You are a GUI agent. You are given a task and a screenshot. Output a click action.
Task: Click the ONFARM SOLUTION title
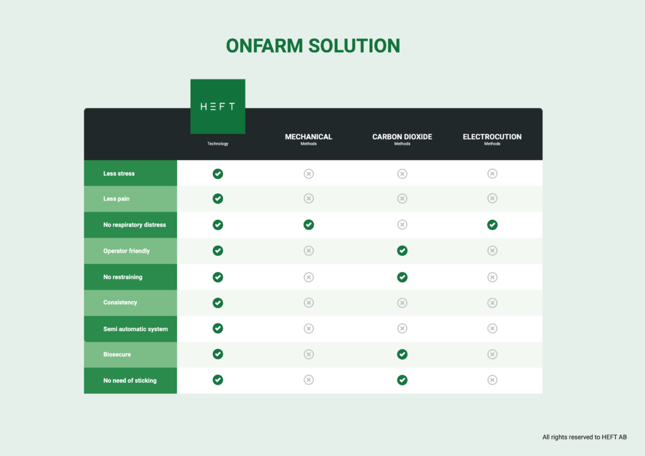point(312,45)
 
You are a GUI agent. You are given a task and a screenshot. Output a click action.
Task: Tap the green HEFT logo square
point(217,106)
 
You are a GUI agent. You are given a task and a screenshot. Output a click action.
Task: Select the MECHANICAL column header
point(309,137)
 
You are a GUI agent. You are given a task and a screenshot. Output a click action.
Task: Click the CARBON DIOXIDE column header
point(402,137)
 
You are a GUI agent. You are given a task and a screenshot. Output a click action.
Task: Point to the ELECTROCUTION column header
point(492,137)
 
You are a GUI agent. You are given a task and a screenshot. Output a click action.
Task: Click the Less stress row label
point(119,173)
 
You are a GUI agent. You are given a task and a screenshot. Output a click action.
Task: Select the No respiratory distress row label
point(135,225)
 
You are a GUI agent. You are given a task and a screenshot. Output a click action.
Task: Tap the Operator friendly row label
point(126,251)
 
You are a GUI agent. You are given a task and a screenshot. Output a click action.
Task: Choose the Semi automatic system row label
point(135,329)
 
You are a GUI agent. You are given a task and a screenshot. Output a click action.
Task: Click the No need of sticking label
point(130,381)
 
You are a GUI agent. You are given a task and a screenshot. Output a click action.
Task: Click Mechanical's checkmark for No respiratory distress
point(309,225)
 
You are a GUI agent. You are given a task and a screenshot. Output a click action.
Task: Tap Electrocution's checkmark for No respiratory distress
point(492,225)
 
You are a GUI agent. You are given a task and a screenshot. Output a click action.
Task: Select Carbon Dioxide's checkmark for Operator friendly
point(402,251)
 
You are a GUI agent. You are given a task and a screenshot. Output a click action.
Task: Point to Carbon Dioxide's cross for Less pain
point(402,198)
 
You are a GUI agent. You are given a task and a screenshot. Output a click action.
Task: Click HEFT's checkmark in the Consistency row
point(217,303)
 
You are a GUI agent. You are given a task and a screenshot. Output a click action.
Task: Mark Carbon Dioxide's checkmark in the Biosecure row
point(402,355)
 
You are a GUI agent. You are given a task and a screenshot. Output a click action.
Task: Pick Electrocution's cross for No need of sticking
point(492,380)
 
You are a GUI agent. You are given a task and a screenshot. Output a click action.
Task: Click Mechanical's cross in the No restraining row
point(309,277)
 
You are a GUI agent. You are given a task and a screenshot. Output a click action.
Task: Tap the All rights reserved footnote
point(585,437)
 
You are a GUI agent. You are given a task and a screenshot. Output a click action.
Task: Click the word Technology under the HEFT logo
point(217,144)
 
